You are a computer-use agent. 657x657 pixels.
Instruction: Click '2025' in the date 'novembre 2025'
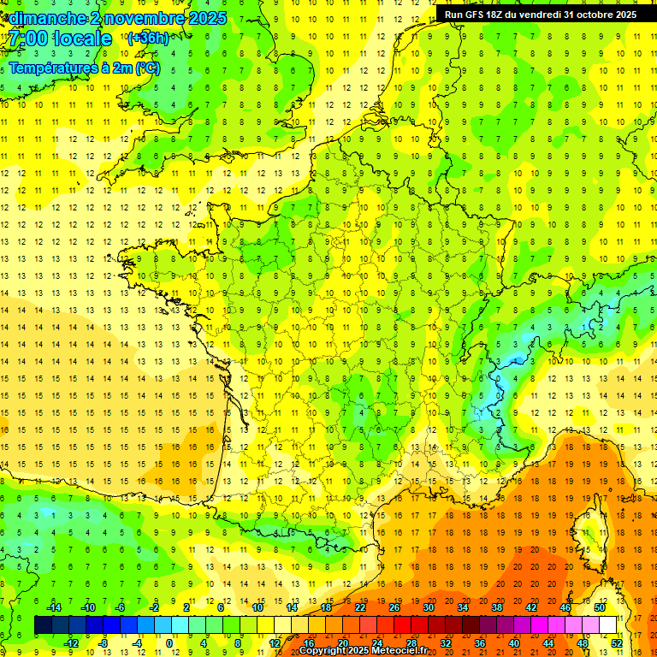205,18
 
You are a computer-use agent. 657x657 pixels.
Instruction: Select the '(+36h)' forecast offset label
147,38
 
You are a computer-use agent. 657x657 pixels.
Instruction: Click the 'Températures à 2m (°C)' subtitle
84,68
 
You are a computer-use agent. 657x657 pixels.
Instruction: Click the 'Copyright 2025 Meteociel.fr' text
363,651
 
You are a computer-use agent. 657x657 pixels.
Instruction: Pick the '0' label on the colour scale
169,642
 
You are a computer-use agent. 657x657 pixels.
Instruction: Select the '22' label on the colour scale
360,607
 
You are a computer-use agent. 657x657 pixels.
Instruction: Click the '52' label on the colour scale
616,642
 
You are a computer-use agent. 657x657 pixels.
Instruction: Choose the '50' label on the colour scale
600,607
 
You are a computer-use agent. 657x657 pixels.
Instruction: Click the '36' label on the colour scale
480,642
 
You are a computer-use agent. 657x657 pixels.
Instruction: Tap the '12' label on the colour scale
275,642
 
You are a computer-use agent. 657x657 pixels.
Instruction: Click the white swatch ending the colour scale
607,625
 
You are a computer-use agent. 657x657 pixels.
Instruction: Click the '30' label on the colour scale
429,607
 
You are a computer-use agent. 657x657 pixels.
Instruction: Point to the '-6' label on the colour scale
121,607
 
